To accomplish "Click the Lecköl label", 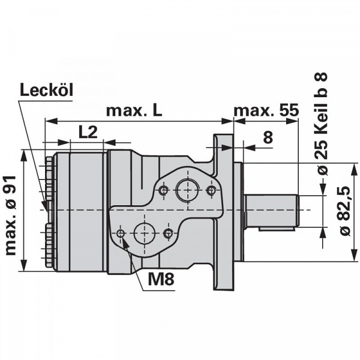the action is tap(47, 89).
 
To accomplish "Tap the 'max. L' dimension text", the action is tap(134, 110).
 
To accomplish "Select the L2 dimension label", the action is tap(88, 132).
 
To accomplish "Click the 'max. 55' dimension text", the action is tap(266, 110).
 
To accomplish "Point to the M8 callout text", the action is tap(161, 279).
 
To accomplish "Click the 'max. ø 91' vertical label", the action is tap(11, 216).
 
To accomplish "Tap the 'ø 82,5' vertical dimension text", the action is tap(346, 211).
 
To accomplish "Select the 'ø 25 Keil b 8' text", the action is tap(320, 124).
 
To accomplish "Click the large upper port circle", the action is tap(188, 190).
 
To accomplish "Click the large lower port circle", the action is tap(144, 233).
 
